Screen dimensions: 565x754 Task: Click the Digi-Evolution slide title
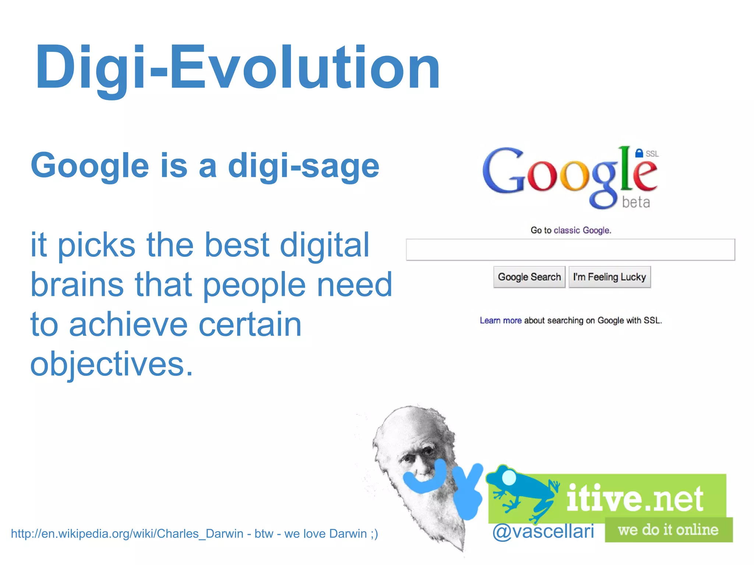pos(237,68)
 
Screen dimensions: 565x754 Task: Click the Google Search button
pos(529,277)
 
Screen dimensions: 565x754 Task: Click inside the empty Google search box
pos(570,250)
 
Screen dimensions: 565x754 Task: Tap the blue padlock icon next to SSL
pos(639,153)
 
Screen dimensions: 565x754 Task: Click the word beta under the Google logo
pos(636,202)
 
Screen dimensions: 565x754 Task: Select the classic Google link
pos(582,231)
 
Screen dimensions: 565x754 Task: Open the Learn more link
pos(500,320)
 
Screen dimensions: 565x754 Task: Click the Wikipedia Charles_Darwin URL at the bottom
pos(127,533)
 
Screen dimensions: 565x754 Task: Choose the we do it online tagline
pos(668,530)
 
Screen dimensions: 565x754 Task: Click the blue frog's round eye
pos(509,477)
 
